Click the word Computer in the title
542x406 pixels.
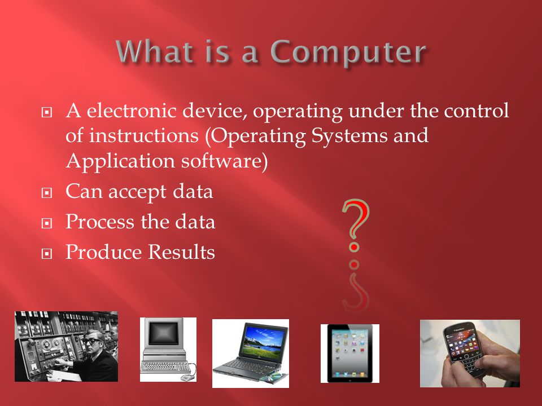point(349,52)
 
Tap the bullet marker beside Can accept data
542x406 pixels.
point(47,193)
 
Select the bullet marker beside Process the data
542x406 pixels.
point(47,223)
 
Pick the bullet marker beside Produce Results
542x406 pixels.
point(47,254)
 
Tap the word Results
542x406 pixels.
point(182,252)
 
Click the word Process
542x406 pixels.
point(100,222)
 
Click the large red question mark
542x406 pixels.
point(355,225)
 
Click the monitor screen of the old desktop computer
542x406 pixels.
point(163,332)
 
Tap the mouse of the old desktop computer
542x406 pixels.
point(187,378)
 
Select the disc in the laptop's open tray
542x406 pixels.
point(272,379)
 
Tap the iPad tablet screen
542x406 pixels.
point(350,353)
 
